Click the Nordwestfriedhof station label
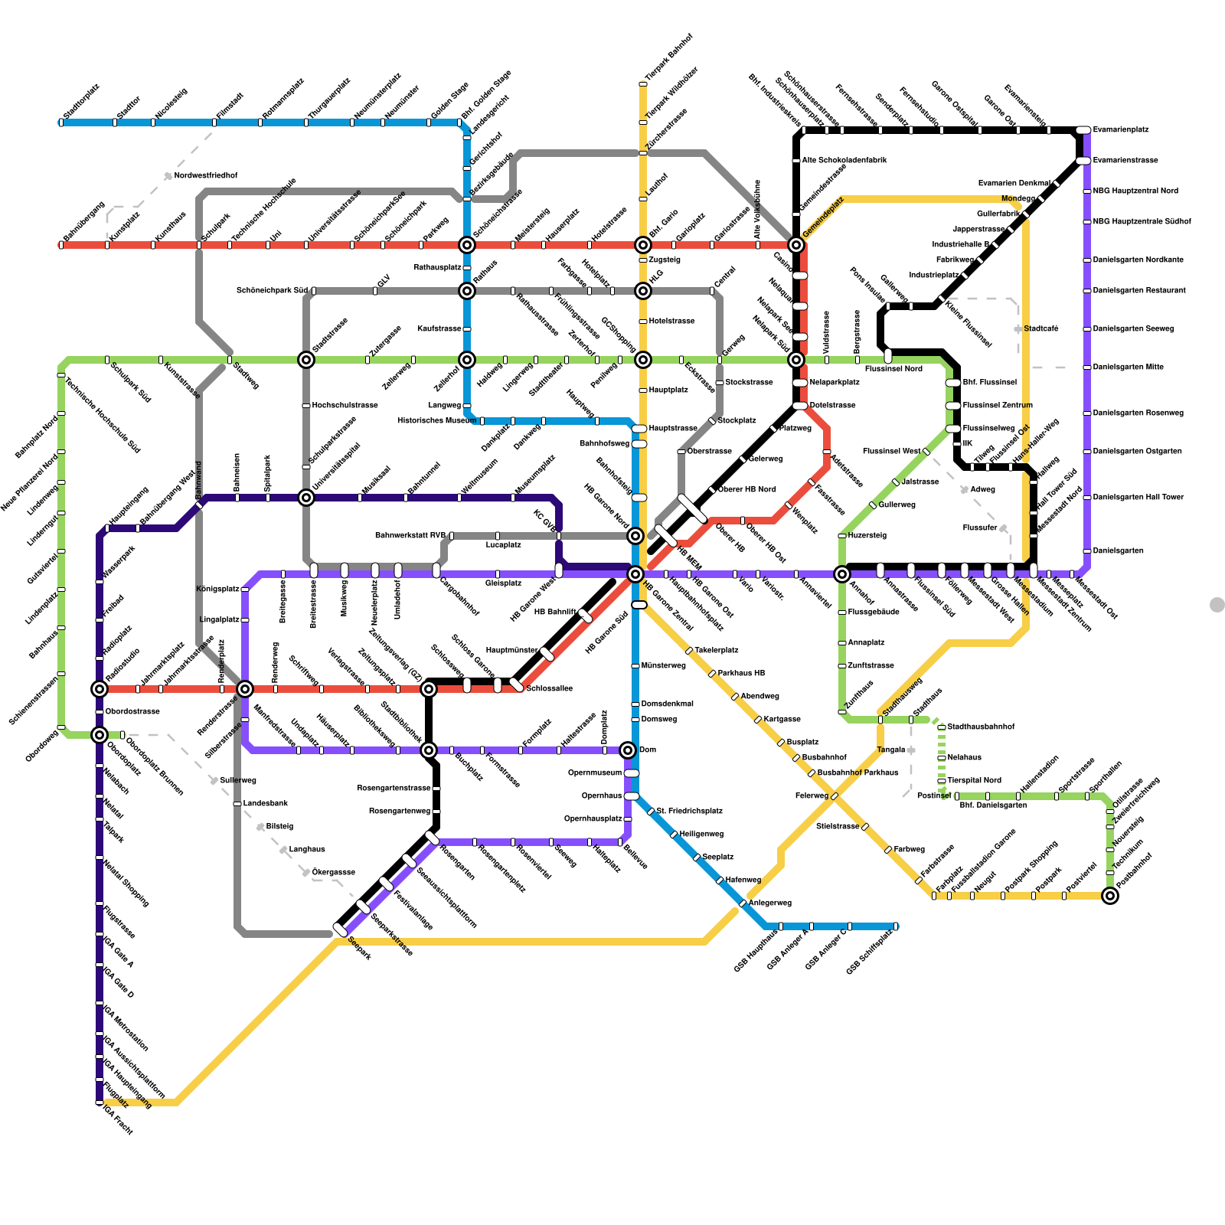205,176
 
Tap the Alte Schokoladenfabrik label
844,161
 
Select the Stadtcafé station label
1040,329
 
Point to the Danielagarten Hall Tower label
1138,498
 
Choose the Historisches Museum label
436,421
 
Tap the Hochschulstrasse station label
345,406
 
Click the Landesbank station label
265,804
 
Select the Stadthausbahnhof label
981,727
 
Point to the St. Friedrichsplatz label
689,812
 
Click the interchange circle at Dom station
628,750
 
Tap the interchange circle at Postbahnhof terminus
1110,896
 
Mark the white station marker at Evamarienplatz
1083,130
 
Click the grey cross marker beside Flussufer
1003,528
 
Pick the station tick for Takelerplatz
689,651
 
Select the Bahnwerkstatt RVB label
410,536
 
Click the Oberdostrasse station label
132,712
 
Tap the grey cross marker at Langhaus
283,850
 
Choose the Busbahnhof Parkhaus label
857,773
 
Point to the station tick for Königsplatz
245,590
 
